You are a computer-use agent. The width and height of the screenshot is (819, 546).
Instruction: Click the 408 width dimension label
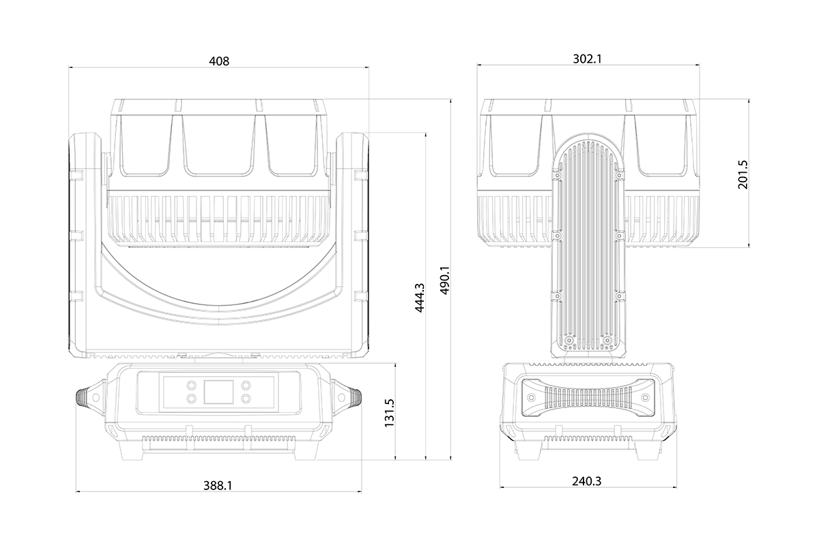(x=219, y=61)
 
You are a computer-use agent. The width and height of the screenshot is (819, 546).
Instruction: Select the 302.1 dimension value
(x=587, y=59)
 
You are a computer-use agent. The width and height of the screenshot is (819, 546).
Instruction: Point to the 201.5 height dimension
(x=743, y=175)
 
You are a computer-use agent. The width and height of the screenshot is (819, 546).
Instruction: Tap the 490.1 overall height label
(x=445, y=280)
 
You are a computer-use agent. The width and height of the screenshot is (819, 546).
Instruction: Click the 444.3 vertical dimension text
(x=419, y=298)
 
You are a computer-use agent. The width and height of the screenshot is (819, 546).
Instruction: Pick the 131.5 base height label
(x=390, y=413)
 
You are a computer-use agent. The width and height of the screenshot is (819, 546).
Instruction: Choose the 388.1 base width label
(x=218, y=486)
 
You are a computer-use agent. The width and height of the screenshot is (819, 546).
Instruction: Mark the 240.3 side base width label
(x=587, y=481)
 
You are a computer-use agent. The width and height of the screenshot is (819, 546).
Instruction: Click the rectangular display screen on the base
(x=218, y=392)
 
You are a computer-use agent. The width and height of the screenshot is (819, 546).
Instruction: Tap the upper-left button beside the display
(x=191, y=386)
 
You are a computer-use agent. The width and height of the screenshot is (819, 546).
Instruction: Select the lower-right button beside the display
(x=246, y=398)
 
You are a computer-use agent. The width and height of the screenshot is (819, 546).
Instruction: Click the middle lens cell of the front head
(x=218, y=145)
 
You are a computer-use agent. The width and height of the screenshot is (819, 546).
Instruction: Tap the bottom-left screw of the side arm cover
(x=569, y=341)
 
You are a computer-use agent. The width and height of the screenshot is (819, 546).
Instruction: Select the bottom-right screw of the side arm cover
(x=607, y=341)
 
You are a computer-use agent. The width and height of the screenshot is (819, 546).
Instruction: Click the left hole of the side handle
(x=532, y=397)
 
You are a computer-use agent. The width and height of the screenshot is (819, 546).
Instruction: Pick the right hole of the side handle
(x=646, y=397)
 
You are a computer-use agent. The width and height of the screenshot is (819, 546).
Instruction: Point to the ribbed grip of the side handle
(x=588, y=397)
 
